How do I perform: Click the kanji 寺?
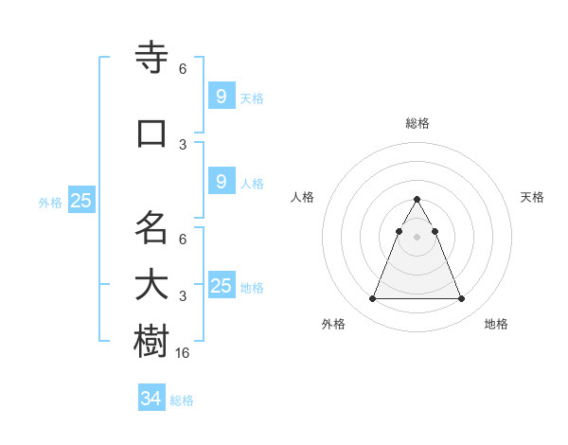(151, 59)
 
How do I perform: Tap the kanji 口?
(151, 133)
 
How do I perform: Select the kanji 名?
(151, 227)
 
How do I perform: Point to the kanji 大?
(151, 285)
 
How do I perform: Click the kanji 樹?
(151, 341)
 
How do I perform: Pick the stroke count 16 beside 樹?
(183, 353)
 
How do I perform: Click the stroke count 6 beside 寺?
(183, 69)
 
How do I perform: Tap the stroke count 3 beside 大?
(183, 296)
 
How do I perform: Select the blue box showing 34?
(151, 399)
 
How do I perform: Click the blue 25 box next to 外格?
(80, 201)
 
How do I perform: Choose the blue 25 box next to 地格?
(221, 286)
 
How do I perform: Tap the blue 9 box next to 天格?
(221, 96)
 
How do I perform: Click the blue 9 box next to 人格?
(221, 182)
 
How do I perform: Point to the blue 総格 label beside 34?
(182, 400)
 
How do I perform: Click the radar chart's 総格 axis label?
(417, 123)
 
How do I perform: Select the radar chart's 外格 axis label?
(333, 325)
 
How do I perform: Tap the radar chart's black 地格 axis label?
(496, 325)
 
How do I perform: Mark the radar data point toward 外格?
(372, 299)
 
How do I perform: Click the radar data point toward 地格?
(462, 299)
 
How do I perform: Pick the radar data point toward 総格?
(417, 200)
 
